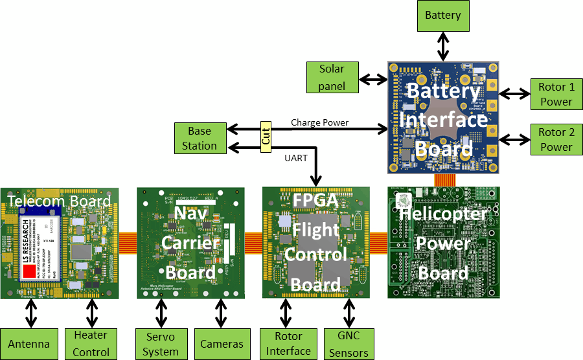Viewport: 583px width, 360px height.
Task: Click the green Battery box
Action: pos(443,15)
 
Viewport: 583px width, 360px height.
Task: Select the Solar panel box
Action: pos(332,77)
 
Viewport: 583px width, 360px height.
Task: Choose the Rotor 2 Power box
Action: pos(556,139)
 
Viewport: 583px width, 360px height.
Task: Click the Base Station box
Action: pos(200,138)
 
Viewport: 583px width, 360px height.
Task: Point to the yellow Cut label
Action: pos(266,137)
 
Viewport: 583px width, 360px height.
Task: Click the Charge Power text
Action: pos(319,122)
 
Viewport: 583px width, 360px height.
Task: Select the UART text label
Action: pos(296,157)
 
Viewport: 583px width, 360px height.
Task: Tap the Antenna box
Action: pos(29,344)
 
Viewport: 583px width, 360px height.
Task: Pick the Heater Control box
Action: pos(91,344)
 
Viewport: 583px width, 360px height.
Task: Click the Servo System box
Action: pos(161,344)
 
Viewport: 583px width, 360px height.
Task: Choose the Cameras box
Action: pos(222,344)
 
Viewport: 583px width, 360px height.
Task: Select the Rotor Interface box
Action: pos(288,344)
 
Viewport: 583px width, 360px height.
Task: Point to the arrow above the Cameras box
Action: pos(222,313)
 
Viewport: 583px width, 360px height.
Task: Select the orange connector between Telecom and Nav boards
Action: pos(128,242)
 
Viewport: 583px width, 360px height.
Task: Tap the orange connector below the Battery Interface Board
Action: pos(444,180)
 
